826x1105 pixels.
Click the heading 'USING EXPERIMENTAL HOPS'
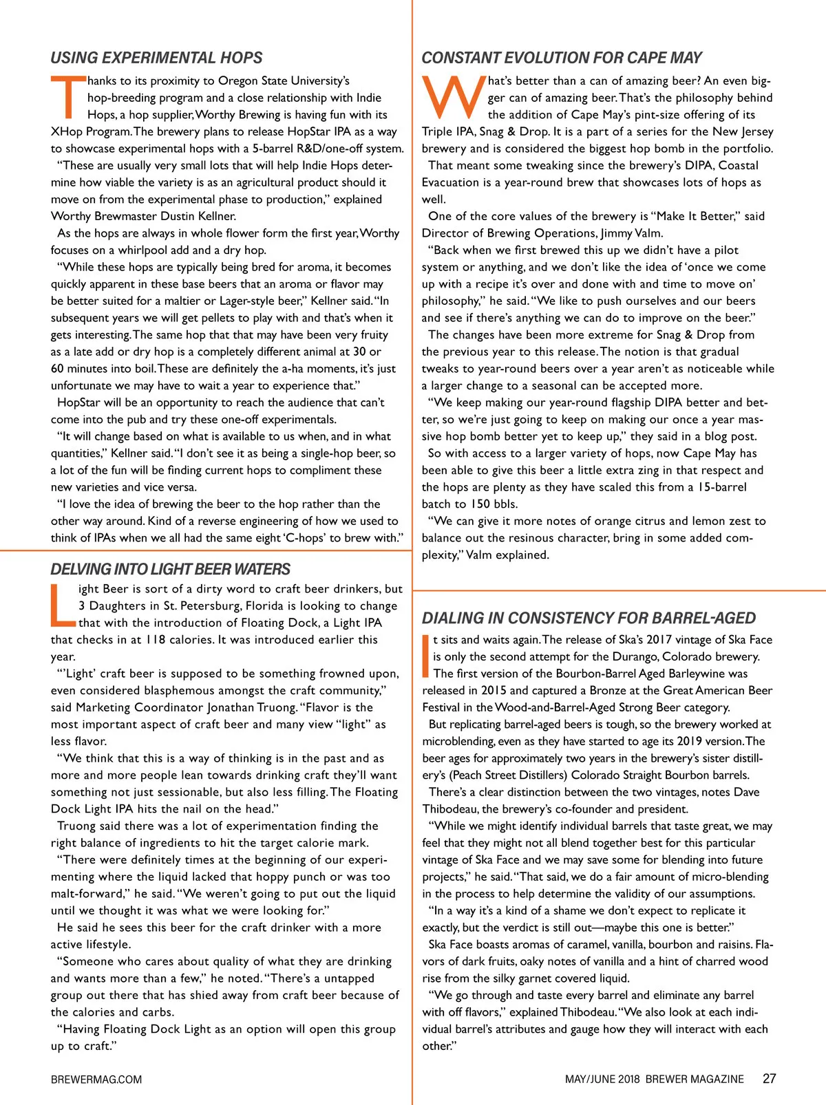[x=156, y=58]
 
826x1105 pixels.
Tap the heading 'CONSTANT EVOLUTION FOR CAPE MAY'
[x=561, y=58]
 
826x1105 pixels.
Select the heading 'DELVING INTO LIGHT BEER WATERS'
[x=170, y=569]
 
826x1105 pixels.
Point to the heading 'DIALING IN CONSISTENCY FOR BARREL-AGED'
[x=589, y=618]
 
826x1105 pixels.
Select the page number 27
[x=769, y=1079]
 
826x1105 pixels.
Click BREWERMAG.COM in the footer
[x=96, y=1080]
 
